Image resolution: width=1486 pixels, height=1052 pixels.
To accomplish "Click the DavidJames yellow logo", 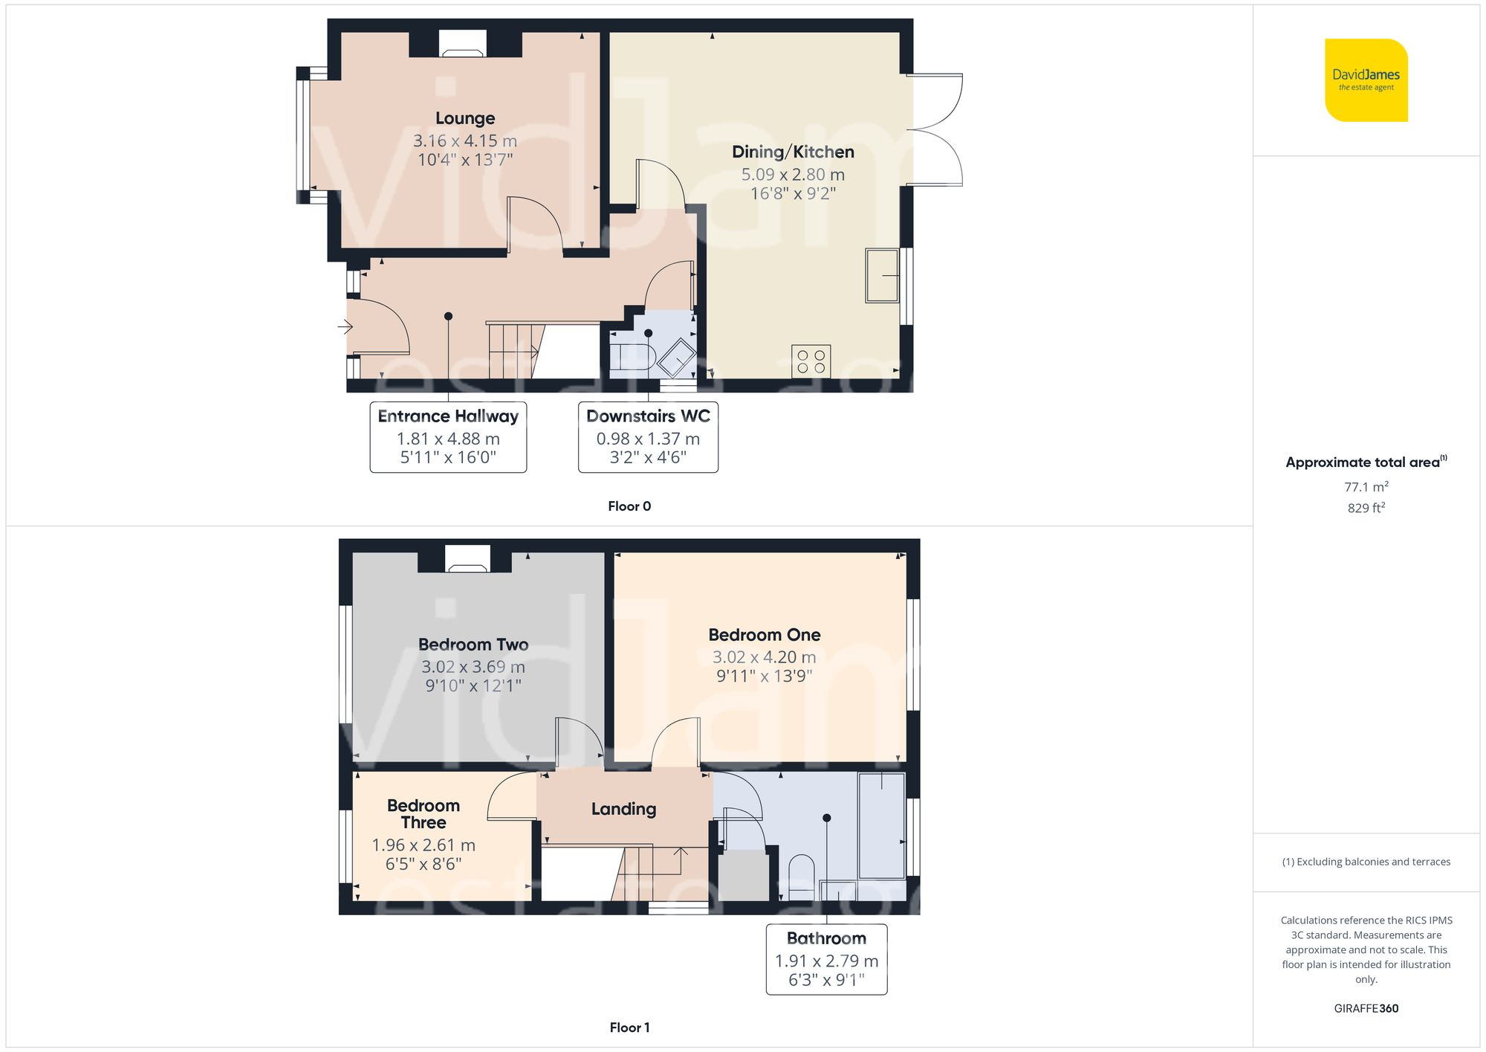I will (x=1366, y=80).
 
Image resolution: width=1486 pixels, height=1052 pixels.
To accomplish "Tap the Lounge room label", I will (x=465, y=118).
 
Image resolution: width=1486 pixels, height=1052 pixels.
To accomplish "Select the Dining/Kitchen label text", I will (x=793, y=152).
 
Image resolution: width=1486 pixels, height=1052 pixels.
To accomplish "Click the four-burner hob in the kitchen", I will (x=811, y=361).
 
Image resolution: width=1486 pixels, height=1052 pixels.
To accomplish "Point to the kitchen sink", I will (x=882, y=276).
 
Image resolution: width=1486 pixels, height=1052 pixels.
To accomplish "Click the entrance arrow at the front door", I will (x=345, y=326).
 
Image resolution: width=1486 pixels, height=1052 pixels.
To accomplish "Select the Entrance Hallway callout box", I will (x=448, y=436).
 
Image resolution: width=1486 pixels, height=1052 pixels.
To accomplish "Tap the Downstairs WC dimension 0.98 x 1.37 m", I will (x=648, y=439).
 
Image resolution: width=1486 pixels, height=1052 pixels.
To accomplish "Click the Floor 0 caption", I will (x=629, y=506).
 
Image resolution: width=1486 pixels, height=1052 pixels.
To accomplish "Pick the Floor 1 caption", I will (x=629, y=1027).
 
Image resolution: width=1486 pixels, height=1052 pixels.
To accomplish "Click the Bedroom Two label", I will (x=473, y=645).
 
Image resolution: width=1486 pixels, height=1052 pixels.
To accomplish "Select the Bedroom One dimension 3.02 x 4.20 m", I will (x=764, y=657).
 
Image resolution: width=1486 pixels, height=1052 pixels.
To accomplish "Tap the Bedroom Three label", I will (x=424, y=814).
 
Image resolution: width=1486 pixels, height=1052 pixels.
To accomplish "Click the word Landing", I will (x=623, y=809).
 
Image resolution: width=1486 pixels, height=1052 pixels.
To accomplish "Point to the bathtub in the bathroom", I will (x=882, y=825).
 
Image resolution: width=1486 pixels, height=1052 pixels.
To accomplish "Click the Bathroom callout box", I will (x=826, y=959).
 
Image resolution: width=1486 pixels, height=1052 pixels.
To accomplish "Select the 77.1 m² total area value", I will (x=1366, y=487).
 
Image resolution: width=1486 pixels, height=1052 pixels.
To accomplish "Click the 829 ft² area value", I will (x=1366, y=508).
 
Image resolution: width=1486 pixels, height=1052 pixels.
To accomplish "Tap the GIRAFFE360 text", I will (x=1366, y=1009).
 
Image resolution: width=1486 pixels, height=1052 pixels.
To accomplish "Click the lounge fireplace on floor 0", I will (x=462, y=44).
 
